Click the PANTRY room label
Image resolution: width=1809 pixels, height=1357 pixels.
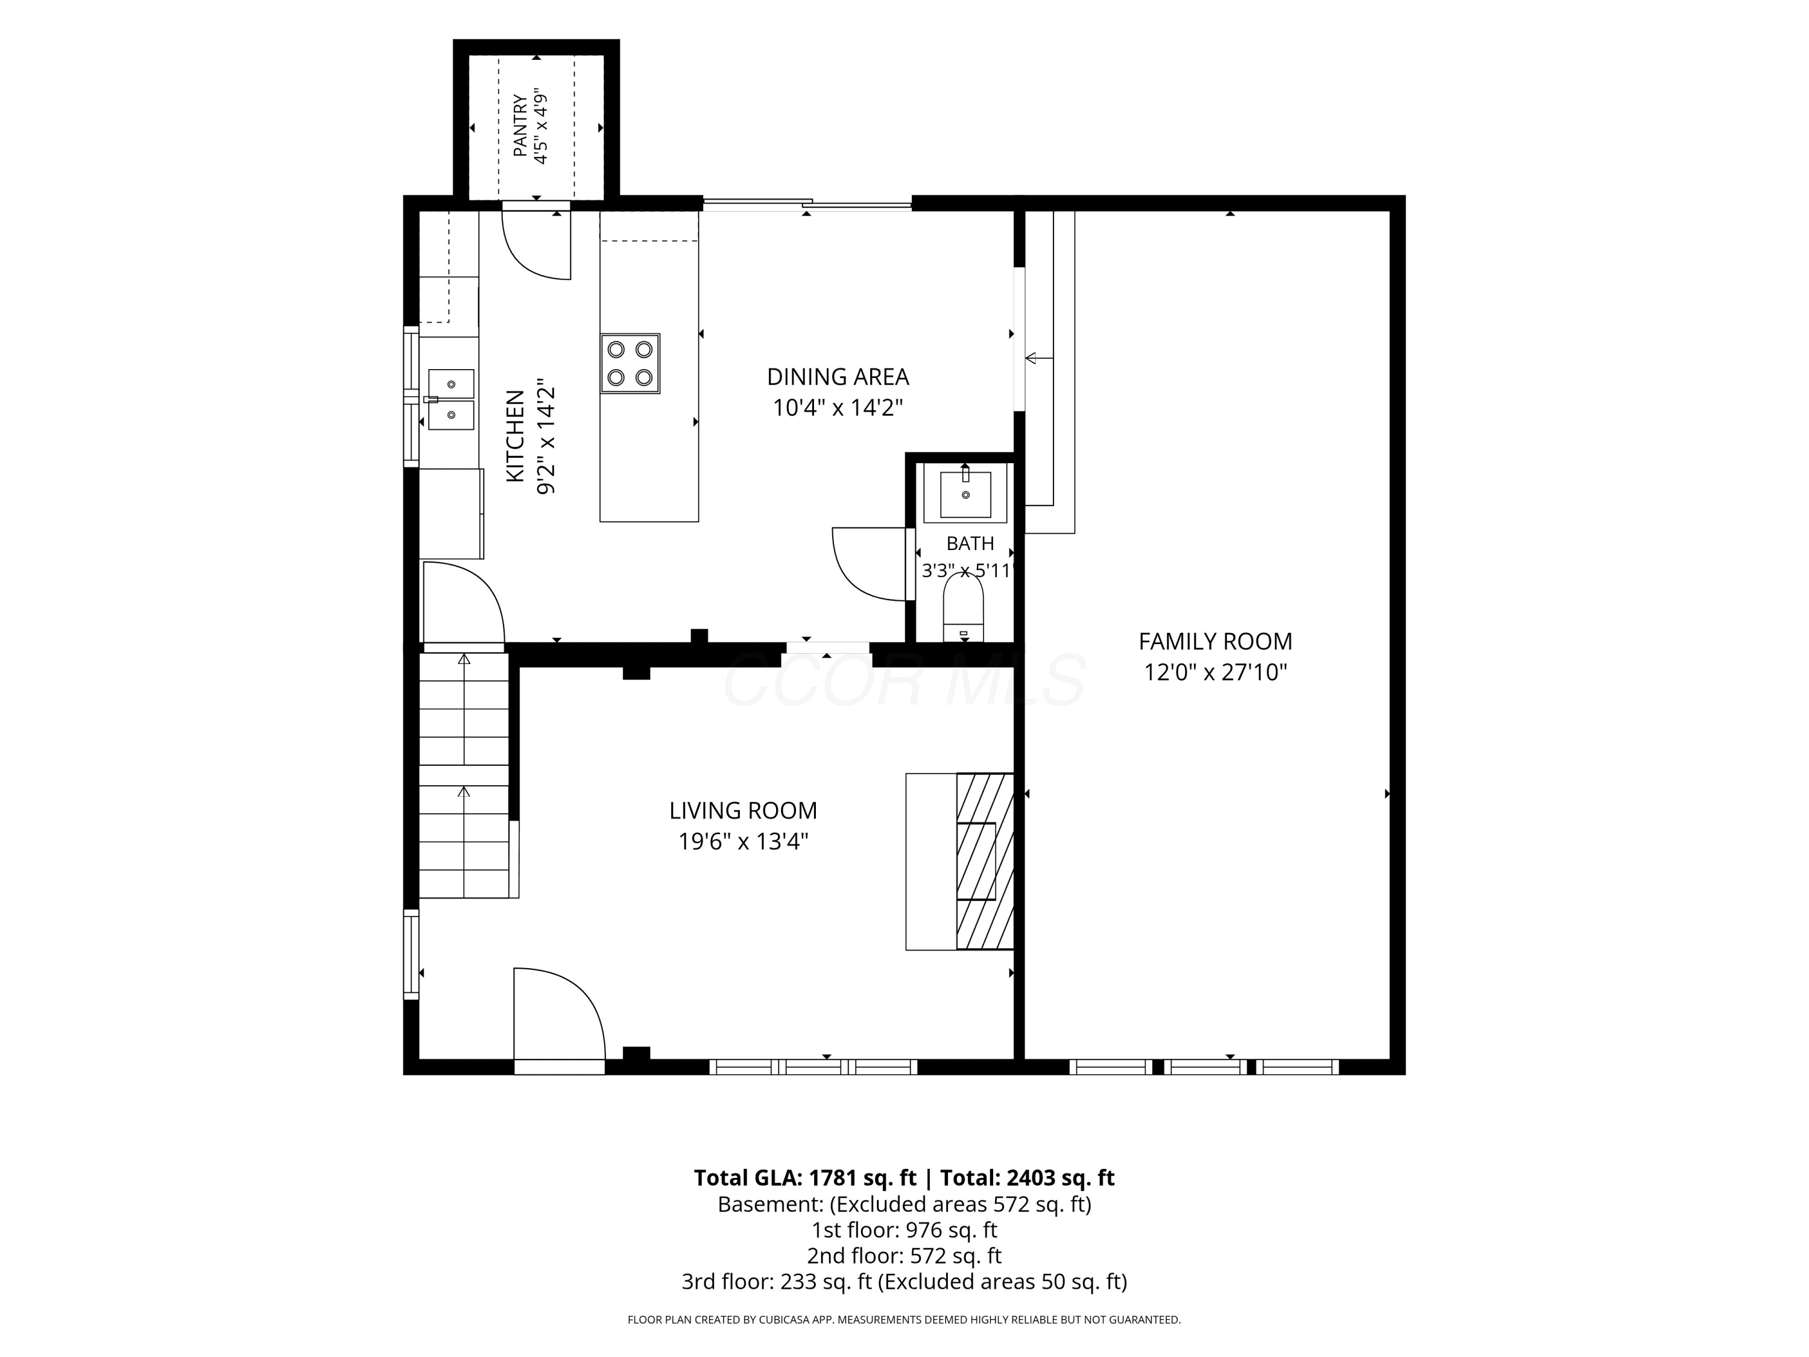pos(520,126)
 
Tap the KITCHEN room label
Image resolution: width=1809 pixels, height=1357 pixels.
pos(515,436)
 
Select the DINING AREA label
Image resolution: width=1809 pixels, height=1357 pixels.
pos(838,377)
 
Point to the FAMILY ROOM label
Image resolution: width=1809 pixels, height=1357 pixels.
pos(1215,641)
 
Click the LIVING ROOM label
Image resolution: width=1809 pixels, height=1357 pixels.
pos(742,811)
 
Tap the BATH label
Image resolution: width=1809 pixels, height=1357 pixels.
pos(970,543)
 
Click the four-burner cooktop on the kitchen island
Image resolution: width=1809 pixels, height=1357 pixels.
pos(630,363)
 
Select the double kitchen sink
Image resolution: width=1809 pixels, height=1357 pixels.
pos(450,399)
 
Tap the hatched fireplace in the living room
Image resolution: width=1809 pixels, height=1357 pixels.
pos(985,861)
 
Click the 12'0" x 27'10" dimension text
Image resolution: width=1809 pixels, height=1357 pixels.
pos(1215,672)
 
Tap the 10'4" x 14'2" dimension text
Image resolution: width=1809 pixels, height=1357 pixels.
pos(838,407)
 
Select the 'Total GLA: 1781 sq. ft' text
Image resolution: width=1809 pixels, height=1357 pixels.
pos(805,1178)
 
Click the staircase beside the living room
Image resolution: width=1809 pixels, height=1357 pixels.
pos(464,774)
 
